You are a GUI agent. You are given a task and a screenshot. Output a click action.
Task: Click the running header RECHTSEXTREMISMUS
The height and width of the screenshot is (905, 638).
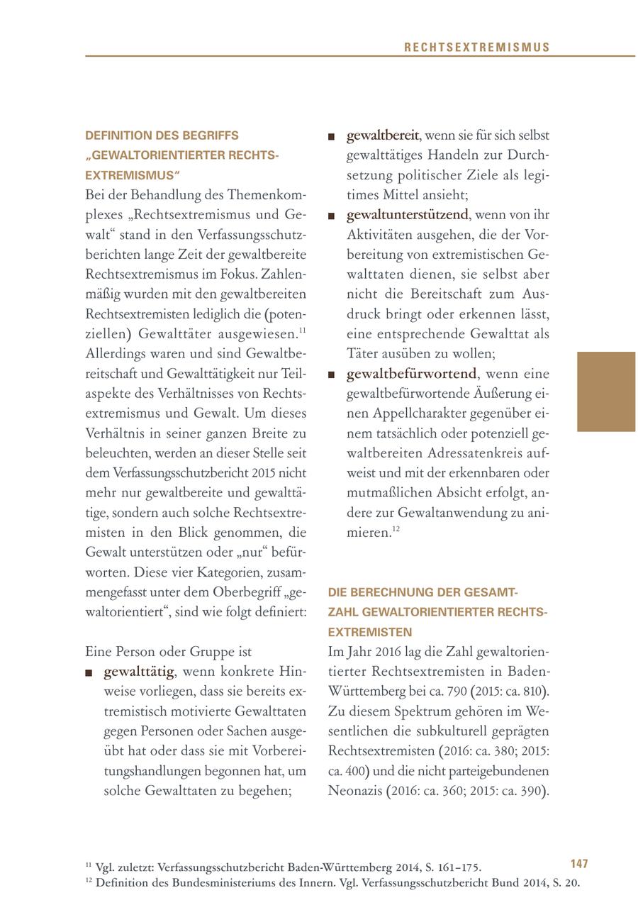[477, 48]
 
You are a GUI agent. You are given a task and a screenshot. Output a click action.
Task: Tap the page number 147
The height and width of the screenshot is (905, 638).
[579, 864]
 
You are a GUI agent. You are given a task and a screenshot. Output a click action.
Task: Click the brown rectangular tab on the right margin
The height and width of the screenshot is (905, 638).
[606, 392]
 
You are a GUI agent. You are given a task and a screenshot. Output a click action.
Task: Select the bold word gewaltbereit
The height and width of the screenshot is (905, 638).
[382, 135]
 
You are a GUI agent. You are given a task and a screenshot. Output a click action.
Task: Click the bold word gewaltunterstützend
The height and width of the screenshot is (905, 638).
[408, 214]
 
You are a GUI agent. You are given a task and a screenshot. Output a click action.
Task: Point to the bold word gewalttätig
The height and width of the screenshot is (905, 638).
[138, 671]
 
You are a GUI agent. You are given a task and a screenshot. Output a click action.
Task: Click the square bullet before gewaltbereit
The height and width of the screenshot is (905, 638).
[331, 136]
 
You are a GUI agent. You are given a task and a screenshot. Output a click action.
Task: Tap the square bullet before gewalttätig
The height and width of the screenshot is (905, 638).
[89, 672]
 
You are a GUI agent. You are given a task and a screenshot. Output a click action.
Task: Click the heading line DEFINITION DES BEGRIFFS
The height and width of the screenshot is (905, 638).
[162, 135]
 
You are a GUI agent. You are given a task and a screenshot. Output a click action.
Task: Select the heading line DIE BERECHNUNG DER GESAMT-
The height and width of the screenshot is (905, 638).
[423, 592]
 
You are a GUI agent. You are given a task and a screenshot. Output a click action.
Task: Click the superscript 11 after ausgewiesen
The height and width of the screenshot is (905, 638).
[301, 331]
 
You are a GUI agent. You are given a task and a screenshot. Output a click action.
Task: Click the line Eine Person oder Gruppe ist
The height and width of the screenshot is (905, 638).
[168, 651]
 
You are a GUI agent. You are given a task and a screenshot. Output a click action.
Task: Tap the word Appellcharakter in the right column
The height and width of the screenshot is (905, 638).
[412, 413]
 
